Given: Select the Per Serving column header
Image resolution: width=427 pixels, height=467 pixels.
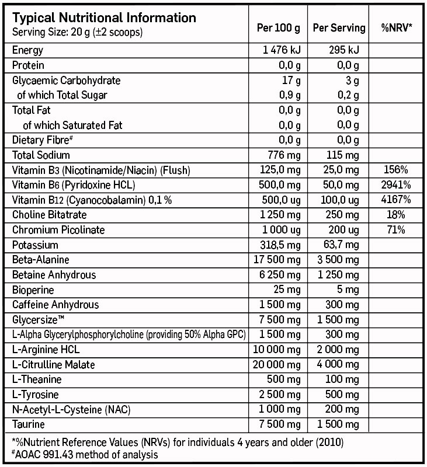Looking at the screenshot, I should coord(339,27).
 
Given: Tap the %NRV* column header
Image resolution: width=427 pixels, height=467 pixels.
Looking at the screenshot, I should coord(397,27).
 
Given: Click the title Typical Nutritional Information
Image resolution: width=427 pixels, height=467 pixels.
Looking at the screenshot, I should coord(104,18).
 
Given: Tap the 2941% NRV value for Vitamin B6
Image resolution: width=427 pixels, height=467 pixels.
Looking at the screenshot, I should coord(397,185).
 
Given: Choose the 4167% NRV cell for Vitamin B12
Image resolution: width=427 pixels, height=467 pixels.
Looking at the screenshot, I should coord(397,200).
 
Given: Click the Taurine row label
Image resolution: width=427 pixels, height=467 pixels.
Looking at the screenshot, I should coord(28,424).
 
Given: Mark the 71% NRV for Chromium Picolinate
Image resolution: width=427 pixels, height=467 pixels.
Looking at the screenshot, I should coord(397,230).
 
